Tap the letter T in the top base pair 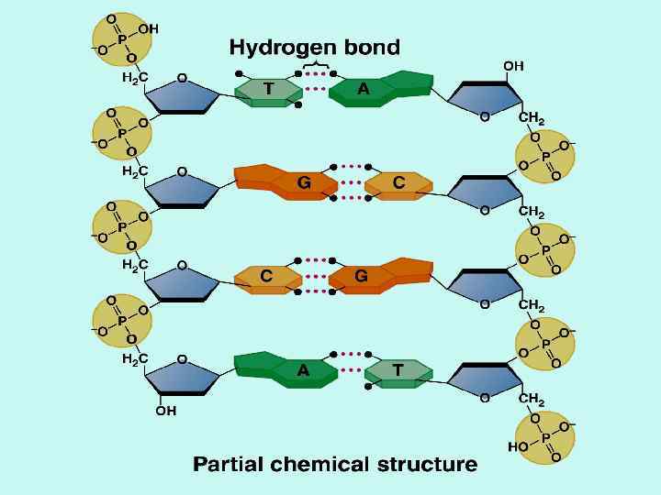pos(268,89)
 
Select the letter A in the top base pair pos(364,89)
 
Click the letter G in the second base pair pos(303,183)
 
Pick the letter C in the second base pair pos(398,183)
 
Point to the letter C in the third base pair pos(266,275)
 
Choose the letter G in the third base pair pos(362,275)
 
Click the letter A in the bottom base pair pos(303,370)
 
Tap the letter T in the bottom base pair pos(398,370)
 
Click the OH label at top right pos(513,66)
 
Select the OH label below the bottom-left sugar pos(166,412)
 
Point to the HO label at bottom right pos(517,448)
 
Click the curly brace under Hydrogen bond pos(317,64)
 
